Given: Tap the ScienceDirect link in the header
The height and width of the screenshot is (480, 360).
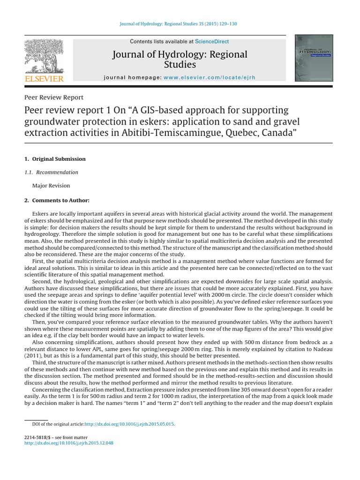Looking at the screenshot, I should click(x=212, y=42).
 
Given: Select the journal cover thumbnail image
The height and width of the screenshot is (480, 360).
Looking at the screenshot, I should click(x=314, y=58).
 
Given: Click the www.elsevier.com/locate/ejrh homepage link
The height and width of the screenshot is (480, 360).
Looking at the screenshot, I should click(x=210, y=77).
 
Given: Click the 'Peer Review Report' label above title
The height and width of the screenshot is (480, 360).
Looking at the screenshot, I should click(x=53, y=97).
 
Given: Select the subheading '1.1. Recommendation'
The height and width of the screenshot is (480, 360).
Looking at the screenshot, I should click(x=51, y=172).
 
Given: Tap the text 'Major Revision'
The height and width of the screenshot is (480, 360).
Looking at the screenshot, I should click(x=51, y=186).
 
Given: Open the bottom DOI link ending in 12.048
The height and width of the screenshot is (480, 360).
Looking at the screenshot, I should click(x=68, y=442).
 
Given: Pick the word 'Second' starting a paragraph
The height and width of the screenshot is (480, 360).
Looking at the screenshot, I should click(x=41, y=282).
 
